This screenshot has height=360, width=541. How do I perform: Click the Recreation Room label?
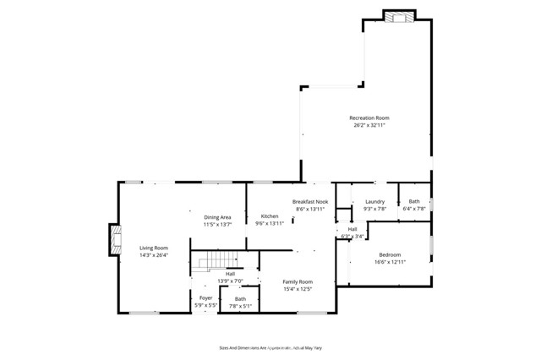click(x=369, y=117)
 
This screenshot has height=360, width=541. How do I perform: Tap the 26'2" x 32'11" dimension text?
click(x=369, y=125)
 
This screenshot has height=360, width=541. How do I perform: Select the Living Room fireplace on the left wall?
click(x=113, y=239)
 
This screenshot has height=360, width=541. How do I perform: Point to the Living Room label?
click(x=154, y=248)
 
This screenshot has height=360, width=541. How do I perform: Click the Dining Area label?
click(x=217, y=217)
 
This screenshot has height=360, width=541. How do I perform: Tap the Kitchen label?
click(x=269, y=216)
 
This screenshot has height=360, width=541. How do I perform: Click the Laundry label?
click(x=375, y=201)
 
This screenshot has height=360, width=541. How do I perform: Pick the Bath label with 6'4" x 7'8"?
click(x=414, y=201)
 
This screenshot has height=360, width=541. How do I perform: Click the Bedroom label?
click(x=390, y=254)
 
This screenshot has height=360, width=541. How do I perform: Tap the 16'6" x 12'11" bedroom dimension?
click(x=390, y=262)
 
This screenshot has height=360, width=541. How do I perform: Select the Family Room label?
click(x=298, y=281)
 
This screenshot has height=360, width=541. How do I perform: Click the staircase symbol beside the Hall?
click(x=214, y=263)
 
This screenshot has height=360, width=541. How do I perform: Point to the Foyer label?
click(x=205, y=297)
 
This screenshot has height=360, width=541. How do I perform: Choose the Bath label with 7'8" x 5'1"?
click(x=240, y=298)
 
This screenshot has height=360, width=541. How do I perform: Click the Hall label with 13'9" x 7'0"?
click(x=230, y=273)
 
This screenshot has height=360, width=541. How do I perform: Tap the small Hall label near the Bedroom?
click(x=352, y=229)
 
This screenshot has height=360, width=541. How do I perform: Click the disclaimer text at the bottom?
click(x=276, y=346)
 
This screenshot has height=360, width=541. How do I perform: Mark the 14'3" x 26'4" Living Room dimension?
click(x=154, y=255)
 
